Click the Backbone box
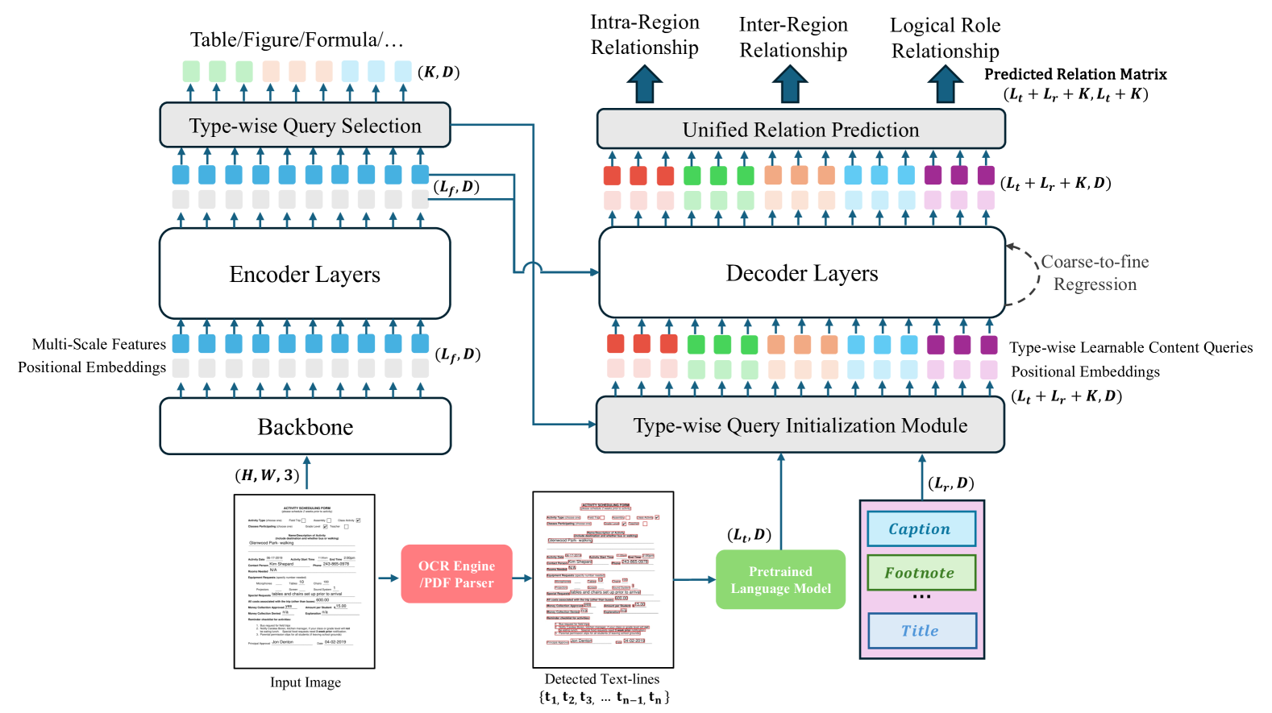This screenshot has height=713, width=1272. coord(305,426)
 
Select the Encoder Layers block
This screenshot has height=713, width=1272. coord(305,274)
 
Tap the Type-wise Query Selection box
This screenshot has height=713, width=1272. coord(305,126)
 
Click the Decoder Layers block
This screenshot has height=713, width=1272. coord(801,273)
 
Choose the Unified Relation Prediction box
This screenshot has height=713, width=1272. coord(800,130)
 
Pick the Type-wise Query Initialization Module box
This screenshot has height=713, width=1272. coord(800,425)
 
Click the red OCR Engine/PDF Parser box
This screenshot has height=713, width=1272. coord(456,574)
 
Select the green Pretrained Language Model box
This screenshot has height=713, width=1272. coord(780,580)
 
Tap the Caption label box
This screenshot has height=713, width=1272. coord(921,529)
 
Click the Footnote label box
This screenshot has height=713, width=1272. coord(921,573)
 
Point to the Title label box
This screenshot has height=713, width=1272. coord(921,631)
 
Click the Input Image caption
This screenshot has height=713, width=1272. coord(305,682)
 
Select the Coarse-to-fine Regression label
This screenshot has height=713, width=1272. coord(1094,273)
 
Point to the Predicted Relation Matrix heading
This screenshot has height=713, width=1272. coord(1075,74)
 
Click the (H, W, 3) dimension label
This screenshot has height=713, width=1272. coord(267,475)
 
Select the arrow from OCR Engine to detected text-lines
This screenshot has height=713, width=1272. coord(522,578)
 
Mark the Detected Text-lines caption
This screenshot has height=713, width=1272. coord(602,679)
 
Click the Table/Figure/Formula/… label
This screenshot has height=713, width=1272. coord(296,39)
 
